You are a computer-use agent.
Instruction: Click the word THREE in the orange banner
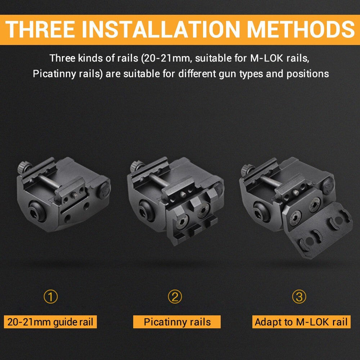(x=40, y=30)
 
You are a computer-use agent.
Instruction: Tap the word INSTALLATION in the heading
(x=161, y=30)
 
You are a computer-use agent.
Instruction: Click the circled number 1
(x=50, y=297)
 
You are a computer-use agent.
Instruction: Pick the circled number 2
(x=175, y=297)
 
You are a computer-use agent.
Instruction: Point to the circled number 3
(x=299, y=297)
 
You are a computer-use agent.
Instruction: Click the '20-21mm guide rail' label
(x=50, y=321)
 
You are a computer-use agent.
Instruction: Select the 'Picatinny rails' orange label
(x=177, y=321)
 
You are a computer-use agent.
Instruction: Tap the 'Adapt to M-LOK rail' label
(x=301, y=321)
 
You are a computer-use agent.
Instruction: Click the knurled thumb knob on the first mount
(x=24, y=167)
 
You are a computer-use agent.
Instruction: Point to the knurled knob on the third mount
(x=248, y=169)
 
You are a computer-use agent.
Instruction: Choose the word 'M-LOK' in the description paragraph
(x=267, y=58)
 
